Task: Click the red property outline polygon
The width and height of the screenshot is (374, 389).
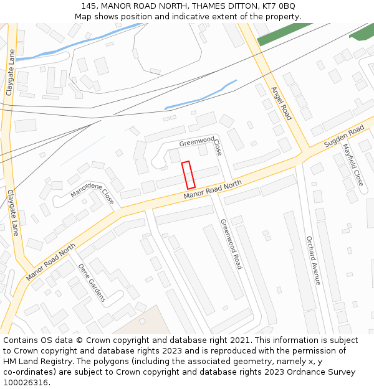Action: point(188,175)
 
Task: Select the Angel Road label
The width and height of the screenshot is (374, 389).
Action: point(281,103)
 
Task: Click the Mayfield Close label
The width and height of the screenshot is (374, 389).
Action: point(353,166)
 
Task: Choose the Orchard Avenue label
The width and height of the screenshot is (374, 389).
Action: point(313,260)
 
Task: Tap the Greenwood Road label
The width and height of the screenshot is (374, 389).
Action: point(231,243)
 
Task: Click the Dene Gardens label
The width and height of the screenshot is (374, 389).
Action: point(92,283)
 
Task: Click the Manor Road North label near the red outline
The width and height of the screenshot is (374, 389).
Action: point(212,191)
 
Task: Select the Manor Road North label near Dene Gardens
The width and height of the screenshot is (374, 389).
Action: point(50,261)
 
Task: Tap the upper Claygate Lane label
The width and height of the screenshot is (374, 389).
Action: point(10,73)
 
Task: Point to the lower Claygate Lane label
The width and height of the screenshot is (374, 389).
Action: point(13,212)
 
